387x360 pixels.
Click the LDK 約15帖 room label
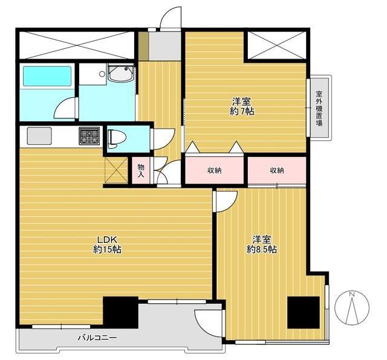pos(107,245)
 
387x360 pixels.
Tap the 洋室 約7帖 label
pos(242,106)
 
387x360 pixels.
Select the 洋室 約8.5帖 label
pos(262,245)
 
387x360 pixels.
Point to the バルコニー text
pos(97,337)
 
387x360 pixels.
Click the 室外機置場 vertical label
pos(319,109)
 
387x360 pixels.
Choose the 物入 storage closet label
pos(141,170)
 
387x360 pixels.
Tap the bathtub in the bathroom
pos(47,76)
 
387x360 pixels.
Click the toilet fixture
pos(117,139)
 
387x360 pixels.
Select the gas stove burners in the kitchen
pos(89,136)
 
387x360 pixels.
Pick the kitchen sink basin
pos(39,136)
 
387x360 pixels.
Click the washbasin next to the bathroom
pos(121,72)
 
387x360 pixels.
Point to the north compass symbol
pos(352,307)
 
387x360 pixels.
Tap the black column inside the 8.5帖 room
pos(304,312)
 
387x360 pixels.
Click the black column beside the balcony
pos(120,312)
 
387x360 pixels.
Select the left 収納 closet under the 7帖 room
pos(215,170)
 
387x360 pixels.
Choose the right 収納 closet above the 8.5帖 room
pos(277,170)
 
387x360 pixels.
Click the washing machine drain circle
pos(102,74)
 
